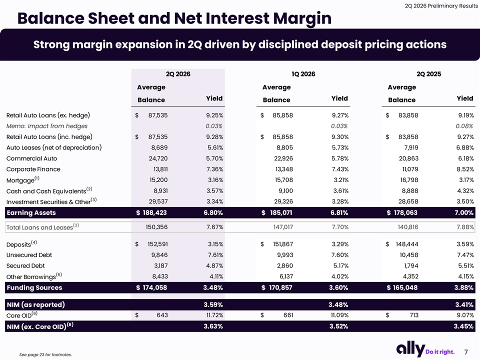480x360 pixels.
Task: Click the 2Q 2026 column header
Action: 178,74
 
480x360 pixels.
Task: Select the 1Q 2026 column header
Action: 303,74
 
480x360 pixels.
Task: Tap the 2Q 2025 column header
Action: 428,74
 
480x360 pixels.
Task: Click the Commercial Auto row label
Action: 32,158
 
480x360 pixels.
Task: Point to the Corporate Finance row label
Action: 33,169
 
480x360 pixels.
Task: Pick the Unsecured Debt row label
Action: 29,255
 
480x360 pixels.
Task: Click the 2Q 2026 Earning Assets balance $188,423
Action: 151,213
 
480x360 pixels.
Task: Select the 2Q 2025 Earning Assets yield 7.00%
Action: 464,213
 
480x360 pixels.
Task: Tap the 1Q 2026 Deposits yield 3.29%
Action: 340,244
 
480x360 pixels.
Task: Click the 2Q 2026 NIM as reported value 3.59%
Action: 213,305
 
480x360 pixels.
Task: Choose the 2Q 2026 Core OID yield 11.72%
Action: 214,315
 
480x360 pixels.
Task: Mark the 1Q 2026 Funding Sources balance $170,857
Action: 276,288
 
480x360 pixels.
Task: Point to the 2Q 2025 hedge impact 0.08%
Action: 464,126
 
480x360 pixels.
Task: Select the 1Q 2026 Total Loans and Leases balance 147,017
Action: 283,227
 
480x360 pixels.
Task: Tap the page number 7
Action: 466,352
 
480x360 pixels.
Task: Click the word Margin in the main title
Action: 302,18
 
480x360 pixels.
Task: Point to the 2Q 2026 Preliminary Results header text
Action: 441,6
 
